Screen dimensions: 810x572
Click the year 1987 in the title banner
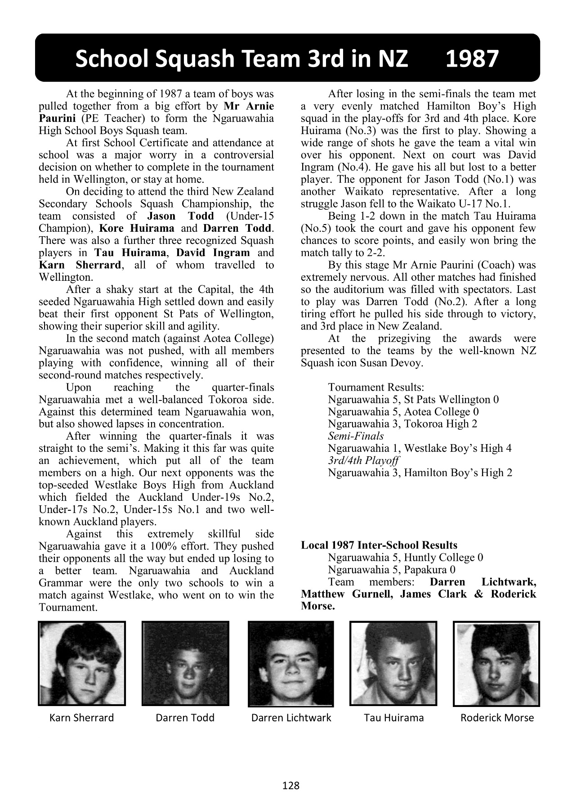tap(472, 59)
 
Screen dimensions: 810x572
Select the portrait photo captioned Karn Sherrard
tap(82, 663)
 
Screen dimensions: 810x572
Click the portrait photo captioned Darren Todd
tap(185, 663)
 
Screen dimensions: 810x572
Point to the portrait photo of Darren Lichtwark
tap(291, 663)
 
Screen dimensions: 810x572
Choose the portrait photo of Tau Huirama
tap(393, 663)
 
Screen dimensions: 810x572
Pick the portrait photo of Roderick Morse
tap(496, 663)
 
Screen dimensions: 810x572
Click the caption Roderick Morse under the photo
tap(497, 718)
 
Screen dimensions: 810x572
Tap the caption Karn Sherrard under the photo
tap(81, 718)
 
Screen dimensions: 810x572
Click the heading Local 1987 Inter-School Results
tap(379, 545)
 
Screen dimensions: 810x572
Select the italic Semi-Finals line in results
tap(356, 436)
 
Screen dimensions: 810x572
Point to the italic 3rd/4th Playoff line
tap(363, 460)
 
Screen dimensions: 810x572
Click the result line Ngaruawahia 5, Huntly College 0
tap(406, 558)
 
